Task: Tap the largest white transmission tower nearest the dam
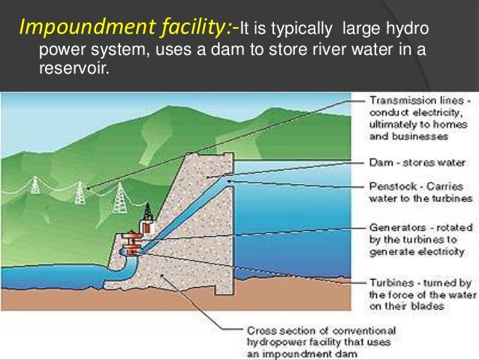point(119,198)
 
